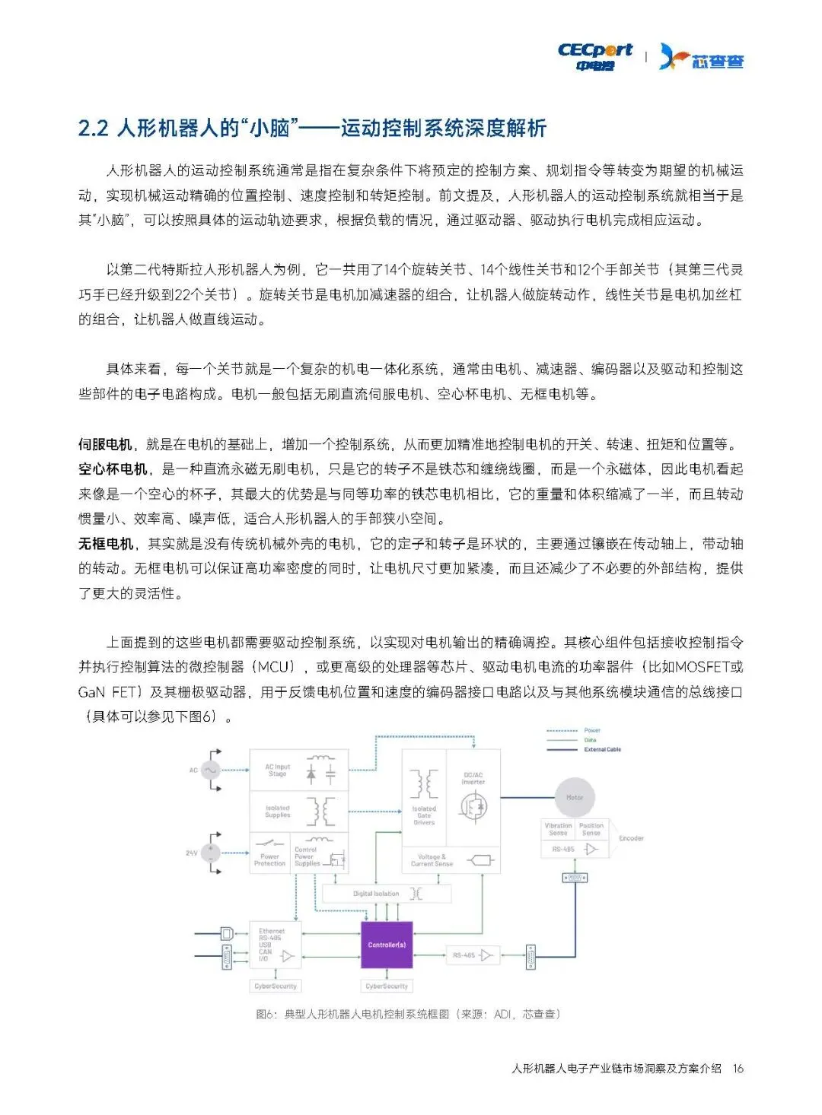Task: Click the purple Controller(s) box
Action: pyautogui.click(x=387, y=945)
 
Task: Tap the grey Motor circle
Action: pyautogui.click(x=574, y=797)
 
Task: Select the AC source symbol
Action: pyautogui.click(x=209, y=770)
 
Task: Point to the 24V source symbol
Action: pyautogui.click(x=210, y=853)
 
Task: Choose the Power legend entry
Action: pyautogui.click(x=591, y=730)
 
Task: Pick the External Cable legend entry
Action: pyautogui.click(x=602, y=749)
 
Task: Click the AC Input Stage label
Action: pyautogui.click(x=278, y=770)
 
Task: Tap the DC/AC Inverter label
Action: pyautogui.click(x=473, y=778)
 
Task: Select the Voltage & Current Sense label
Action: pyautogui.click(x=432, y=860)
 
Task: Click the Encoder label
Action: pyautogui.click(x=631, y=838)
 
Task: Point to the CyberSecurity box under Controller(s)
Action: pyautogui.click(x=387, y=986)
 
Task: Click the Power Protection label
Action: pyautogui.click(x=269, y=859)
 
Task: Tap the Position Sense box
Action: pyautogui.click(x=591, y=829)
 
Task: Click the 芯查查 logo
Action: pyautogui.click(x=702, y=57)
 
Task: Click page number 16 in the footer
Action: pyautogui.click(x=738, y=1068)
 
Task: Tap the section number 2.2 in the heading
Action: pyautogui.click(x=94, y=128)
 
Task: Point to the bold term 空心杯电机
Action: pyautogui.click(x=113, y=469)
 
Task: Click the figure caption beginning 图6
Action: pyautogui.click(x=408, y=1014)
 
